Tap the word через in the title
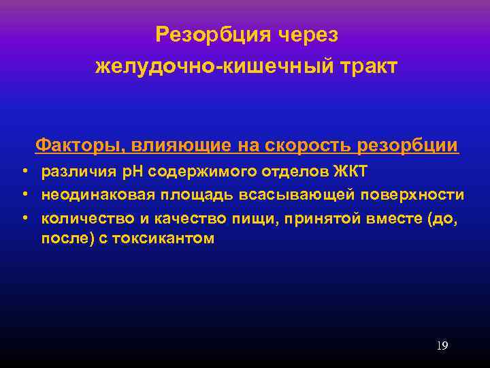click(x=310, y=34)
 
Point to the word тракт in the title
click(x=366, y=67)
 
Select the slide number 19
click(x=442, y=346)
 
